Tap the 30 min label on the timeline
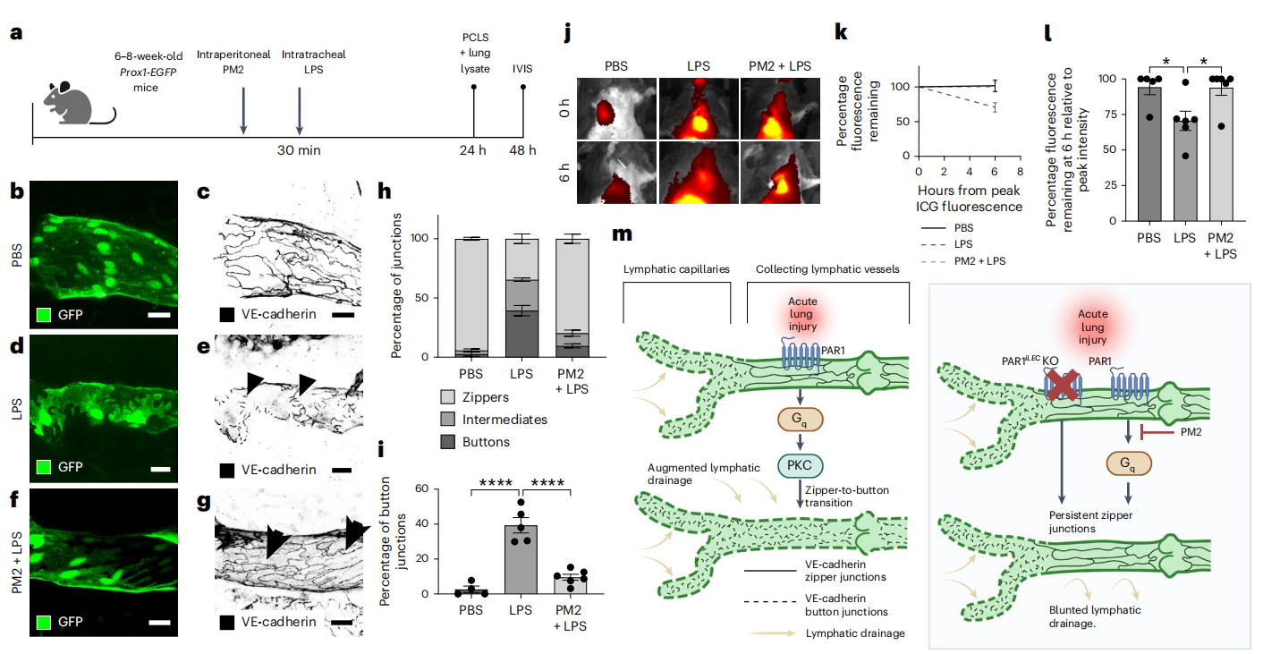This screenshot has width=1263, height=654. pos(299,150)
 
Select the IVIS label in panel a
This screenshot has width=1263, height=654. pos(522,69)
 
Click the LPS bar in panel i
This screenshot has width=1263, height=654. pos(521,559)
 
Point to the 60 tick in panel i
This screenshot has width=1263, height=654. pos(422,488)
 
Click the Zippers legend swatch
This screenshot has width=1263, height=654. pos(448,397)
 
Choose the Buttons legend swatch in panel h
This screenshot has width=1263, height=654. pos(448,441)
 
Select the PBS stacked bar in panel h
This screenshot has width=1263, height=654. pos(471,298)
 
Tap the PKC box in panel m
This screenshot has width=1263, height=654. pos(800,466)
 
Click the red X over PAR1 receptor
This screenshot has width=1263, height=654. pos(1063,385)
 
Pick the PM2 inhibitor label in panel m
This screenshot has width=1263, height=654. pos(1191,432)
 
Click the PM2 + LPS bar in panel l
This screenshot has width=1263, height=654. pos(1221,154)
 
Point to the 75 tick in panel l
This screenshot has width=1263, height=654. pos(1110,115)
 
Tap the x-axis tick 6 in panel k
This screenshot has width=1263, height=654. pos(995,172)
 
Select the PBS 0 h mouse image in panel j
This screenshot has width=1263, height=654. pos(616,109)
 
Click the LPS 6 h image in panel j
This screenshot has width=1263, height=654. pos(699,173)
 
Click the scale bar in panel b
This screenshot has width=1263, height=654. pos(159,315)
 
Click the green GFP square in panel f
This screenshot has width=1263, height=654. pos(44,622)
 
